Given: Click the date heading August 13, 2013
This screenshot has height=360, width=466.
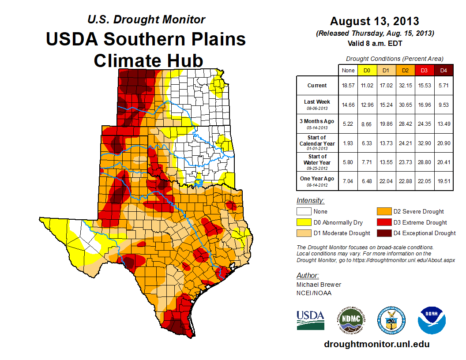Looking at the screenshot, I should click(374, 21).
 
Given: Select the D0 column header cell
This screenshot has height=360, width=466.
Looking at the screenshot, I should click(366, 70).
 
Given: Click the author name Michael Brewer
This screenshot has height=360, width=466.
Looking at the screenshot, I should click(319, 285).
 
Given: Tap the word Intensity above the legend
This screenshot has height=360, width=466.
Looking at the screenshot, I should click(310, 200).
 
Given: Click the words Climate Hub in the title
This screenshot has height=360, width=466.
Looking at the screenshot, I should click(148, 60).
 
